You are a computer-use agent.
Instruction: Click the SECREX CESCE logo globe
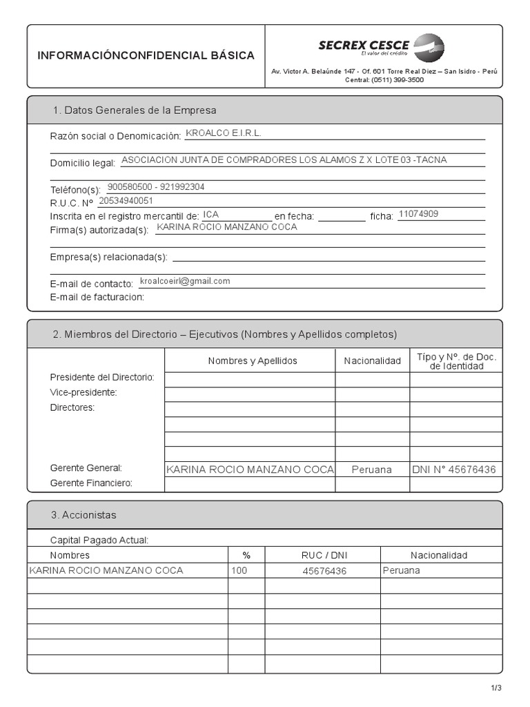pyautogui.click(x=429, y=48)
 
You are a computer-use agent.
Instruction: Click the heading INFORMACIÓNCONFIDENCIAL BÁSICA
pyautogui.click(x=146, y=56)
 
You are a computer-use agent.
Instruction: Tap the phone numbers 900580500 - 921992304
pyautogui.click(x=156, y=187)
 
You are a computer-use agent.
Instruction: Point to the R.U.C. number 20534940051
pyautogui.click(x=126, y=201)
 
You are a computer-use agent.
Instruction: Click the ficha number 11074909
pyautogui.click(x=418, y=214)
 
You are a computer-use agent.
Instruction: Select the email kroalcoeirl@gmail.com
pyautogui.click(x=185, y=282)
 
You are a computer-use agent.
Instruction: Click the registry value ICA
pyautogui.click(x=211, y=215)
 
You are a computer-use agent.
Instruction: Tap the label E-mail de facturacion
pyautogui.click(x=97, y=297)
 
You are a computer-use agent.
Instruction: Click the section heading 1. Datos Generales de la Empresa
pyautogui.click(x=135, y=110)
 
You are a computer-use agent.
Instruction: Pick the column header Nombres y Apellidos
pyautogui.click(x=253, y=361)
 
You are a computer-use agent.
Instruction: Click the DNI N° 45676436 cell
pyautogui.click(x=453, y=469)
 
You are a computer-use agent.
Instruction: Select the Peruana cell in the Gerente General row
pyautogui.click(x=371, y=469)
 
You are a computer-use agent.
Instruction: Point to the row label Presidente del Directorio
pyautogui.click(x=102, y=378)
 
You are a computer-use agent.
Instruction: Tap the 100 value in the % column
pyautogui.click(x=239, y=570)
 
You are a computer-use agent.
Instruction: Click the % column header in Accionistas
pyautogui.click(x=246, y=555)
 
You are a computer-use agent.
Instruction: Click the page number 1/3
pyautogui.click(x=496, y=688)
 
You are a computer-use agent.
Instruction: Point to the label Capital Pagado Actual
pyautogui.click(x=99, y=540)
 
